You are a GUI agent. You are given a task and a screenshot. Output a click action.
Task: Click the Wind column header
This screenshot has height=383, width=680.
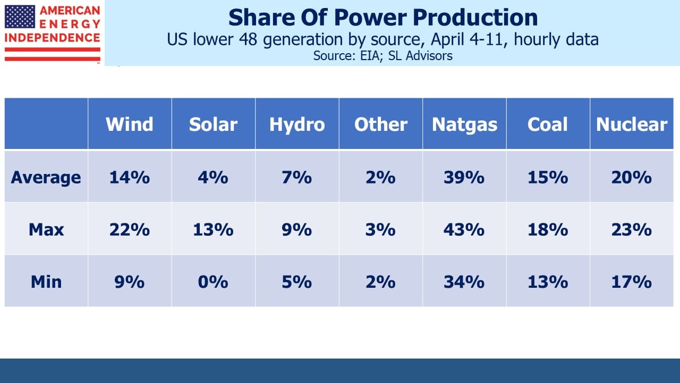click(x=129, y=124)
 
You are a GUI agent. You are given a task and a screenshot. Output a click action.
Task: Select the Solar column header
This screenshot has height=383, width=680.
click(x=213, y=124)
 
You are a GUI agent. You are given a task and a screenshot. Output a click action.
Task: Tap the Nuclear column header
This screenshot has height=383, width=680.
click(x=632, y=124)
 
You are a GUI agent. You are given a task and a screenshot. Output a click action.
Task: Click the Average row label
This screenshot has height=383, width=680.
click(x=46, y=178)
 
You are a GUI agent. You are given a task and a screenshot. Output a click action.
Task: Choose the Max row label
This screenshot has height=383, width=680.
click(x=46, y=229)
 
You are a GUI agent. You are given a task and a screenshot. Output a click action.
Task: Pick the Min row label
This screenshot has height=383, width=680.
click(x=46, y=282)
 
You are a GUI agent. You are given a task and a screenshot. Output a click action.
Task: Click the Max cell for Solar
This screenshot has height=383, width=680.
click(x=213, y=229)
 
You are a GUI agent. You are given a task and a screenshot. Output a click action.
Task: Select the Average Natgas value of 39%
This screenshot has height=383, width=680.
click(x=464, y=177)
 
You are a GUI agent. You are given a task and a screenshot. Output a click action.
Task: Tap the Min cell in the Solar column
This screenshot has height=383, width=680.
click(x=213, y=282)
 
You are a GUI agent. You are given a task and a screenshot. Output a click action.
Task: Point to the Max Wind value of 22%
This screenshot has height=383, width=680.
click(x=130, y=229)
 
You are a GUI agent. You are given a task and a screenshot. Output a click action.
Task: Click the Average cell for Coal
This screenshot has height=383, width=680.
click(x=548, y=177)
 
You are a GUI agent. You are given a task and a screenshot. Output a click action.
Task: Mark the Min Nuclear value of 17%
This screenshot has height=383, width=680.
click(x=632, y=282)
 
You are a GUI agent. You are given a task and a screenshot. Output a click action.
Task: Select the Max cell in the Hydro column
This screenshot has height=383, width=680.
click(x=296, y=229)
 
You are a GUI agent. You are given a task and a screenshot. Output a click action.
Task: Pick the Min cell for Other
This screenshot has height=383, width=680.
click(x=380, y=282)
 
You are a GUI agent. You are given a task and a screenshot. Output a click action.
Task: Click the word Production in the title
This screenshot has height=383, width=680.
click(x=475, y=18)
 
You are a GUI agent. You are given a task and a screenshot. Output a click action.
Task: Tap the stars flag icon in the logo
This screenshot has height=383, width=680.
click(x=20, y=16)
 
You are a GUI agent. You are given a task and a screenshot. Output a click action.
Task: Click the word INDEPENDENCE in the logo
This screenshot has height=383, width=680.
click(x=52, y=38)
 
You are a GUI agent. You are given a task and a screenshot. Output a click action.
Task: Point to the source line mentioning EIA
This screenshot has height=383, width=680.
click(x=383, y=56)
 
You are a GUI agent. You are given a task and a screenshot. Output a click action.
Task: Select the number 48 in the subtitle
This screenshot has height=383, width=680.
click(x=248, y=39)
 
